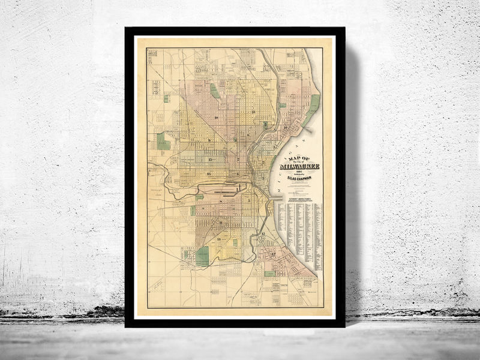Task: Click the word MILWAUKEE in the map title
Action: pyautogui.click(x=304, y=166)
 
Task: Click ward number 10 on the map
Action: pyautogui.click(x=215, y=118)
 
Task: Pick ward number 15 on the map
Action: pyautogui.click(x=211, y=160)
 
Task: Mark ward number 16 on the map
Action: pyautogui.click(x=208, y=174)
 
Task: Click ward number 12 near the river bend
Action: pyautogui.click(x=262, y=233)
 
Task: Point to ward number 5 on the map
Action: pyautogui.click(x=248, y=200)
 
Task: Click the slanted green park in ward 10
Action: pyautogui.click(x=214, y=91)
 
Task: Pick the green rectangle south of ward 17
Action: pyautogui.click(x=269, y=274)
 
